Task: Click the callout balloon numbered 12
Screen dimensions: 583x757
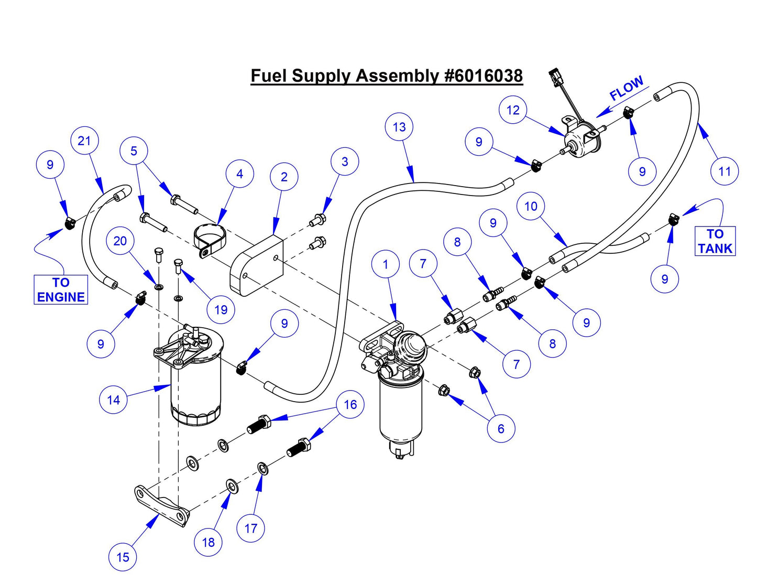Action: pos(513,110)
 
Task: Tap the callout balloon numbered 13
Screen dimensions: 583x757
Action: pos(399,127)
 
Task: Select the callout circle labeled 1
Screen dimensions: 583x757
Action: pos(386,264)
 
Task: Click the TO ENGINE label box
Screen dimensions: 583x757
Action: pos(61,290)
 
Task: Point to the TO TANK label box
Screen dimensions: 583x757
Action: pos(715,241)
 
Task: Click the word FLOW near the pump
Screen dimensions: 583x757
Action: pos(627,88)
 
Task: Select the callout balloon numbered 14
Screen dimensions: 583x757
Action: pos(113,400)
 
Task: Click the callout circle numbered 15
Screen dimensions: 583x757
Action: pos(123,557)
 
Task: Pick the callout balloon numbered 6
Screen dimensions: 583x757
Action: pos(501,429)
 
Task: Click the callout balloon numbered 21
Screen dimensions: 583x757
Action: pos(84,141)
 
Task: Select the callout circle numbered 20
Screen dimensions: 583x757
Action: pos(120,241)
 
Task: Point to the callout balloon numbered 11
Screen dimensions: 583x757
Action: pos(725,171)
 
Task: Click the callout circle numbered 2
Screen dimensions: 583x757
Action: pos(284,177)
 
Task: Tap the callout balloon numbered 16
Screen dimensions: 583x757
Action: pos(350,404)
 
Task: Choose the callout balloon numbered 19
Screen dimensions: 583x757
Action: pos(221,310)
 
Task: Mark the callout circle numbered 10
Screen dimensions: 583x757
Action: pos(531,207)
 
